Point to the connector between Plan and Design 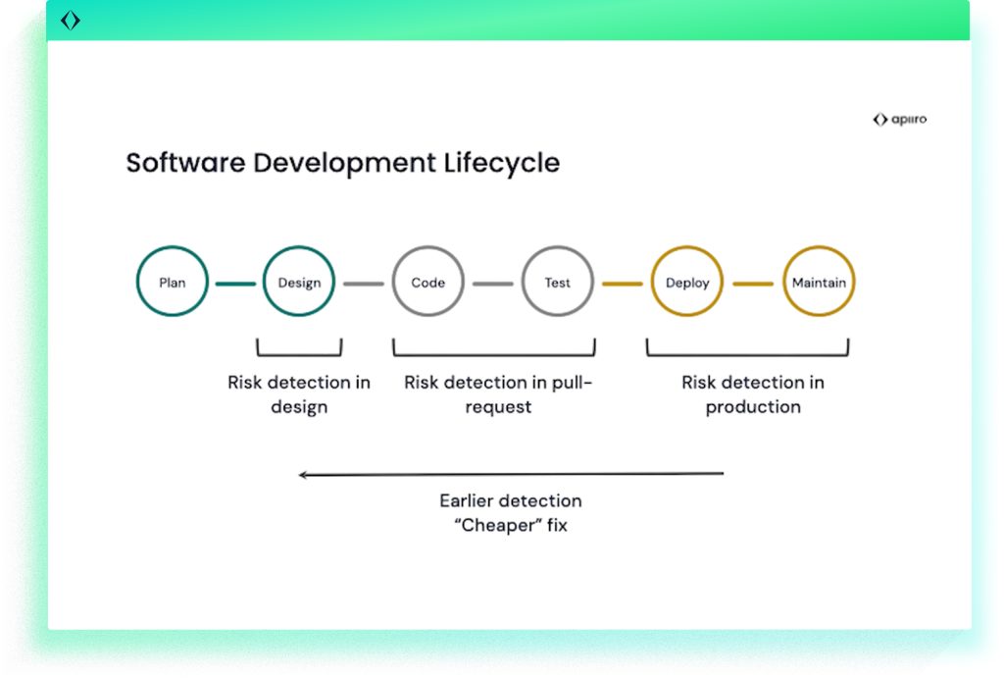235,284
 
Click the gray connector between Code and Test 493,284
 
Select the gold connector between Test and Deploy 623,284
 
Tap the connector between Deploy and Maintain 753,284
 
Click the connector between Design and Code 364,284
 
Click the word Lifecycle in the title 502,164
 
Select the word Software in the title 185,163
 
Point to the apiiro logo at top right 900,119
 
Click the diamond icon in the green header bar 71,21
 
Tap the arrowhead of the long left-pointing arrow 302,475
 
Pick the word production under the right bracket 753,407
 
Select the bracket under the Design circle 299,354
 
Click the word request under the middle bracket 498,407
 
